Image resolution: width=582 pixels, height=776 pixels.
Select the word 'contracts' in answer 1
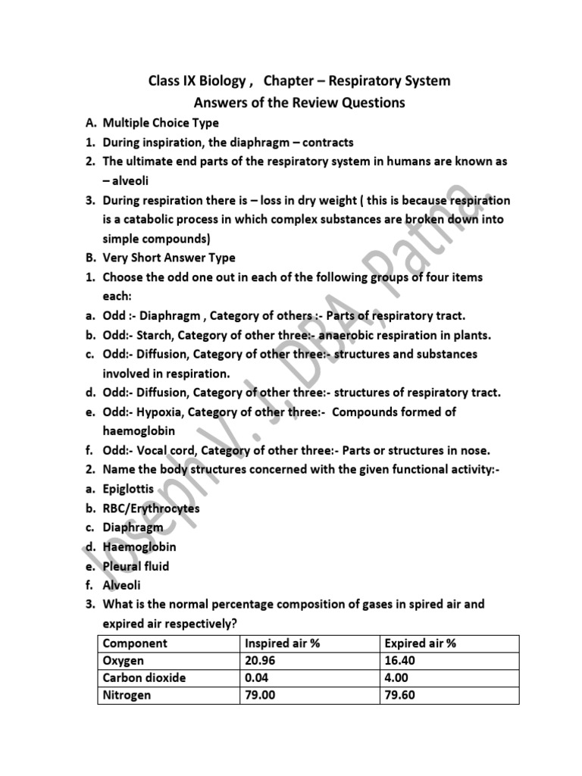click(328, 142)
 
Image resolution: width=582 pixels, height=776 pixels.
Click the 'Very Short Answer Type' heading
click(169, 258)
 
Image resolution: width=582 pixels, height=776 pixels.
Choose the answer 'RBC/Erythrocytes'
click(152, 508)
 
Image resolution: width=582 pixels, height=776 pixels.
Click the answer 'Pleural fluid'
click(136, 566)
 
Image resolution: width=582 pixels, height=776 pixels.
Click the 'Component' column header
click(135, 643)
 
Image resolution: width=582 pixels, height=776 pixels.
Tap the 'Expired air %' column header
click(421, 643)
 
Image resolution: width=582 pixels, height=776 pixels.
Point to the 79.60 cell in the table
click(400, 695)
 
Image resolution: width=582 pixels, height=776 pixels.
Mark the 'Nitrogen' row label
click(127, 695)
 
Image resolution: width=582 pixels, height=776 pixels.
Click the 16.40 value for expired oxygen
click(400, 661)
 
